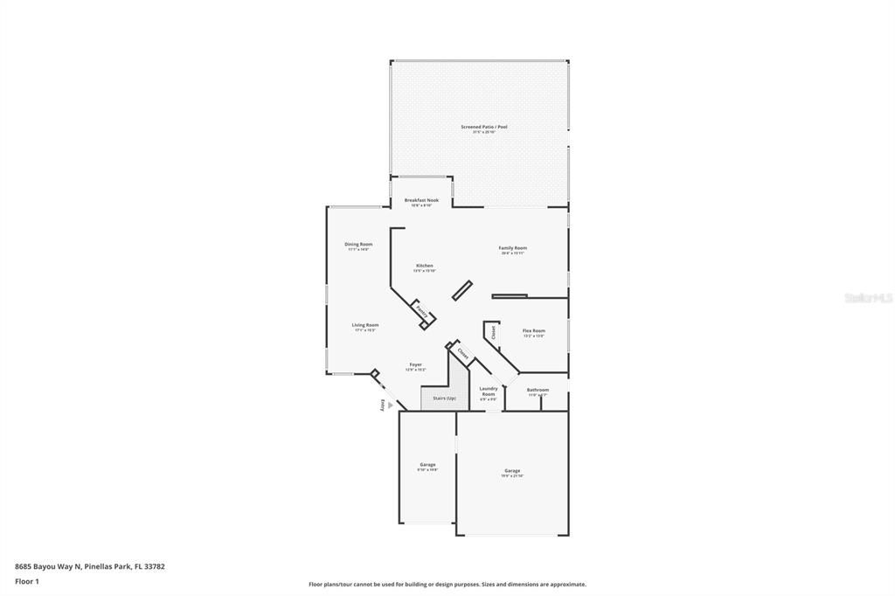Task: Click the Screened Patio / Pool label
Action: coord(483,128)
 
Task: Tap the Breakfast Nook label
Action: coord(421,201)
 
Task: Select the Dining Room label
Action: coord(358,245)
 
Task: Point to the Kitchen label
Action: coord(424,267)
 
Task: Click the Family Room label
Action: coord(513,249)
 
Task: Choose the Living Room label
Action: coord(365,326)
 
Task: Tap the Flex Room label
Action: coord(533,331)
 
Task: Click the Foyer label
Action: coord(415,365)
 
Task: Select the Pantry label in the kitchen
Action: coord(420,312)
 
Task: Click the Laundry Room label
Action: coord(489,391)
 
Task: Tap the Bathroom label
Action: coord(538,391)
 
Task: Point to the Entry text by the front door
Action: coord(381,405)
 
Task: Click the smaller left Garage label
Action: coord(427,466)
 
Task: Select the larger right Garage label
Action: coord(512,472)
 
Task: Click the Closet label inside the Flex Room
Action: coord(494,332)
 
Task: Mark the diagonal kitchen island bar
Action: coord(462,291)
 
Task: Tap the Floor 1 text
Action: coord(27,581)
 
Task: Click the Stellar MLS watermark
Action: coord(867,298)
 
